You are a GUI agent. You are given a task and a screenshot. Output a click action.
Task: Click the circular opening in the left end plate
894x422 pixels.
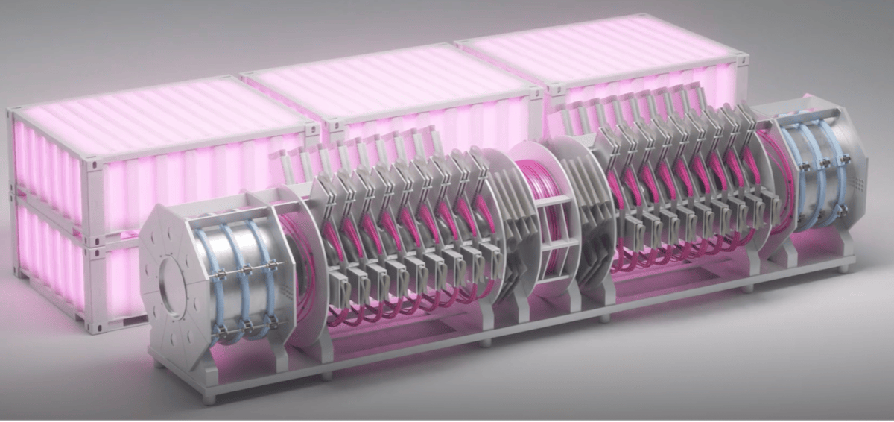tap(173, 286)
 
